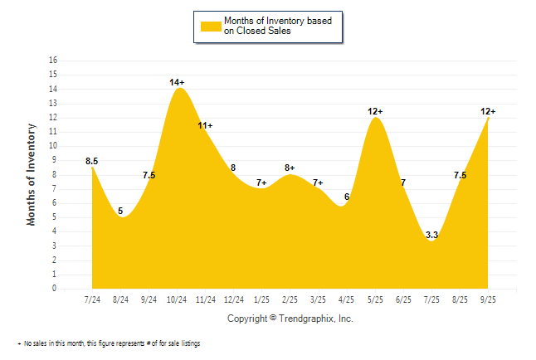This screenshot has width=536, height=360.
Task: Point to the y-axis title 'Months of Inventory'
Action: point(32,174)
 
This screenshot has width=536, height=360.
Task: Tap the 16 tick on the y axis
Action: point(54,61)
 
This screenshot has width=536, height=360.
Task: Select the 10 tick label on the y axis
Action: point(54,146)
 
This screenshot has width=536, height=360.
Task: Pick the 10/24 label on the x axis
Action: point(178,299)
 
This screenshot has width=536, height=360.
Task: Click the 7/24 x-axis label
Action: point(92,299)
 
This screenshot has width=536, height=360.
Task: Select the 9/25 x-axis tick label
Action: point(489,299)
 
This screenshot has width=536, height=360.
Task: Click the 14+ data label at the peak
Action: point(177,82)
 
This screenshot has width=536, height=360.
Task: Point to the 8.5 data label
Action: point(92,161)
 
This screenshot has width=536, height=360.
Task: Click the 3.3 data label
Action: point(431,236)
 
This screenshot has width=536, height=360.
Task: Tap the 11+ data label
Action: point(205,125)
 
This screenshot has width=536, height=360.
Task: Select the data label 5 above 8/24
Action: point(120,211)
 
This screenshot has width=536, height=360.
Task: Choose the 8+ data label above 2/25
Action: point(290,168)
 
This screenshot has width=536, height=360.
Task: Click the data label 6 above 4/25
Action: point(347,197)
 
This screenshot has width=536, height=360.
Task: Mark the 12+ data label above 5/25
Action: point(376,111)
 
